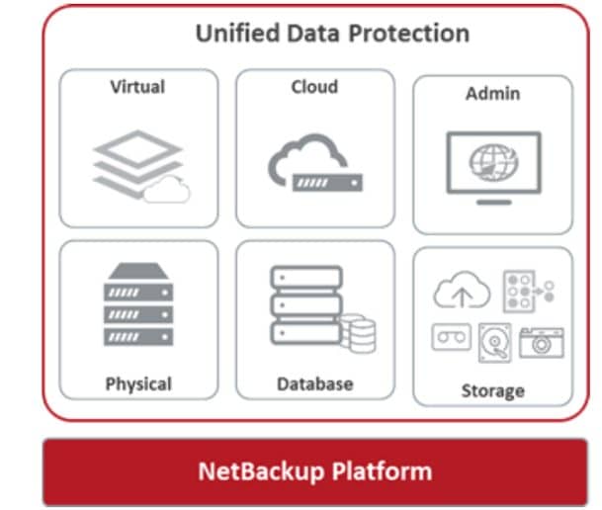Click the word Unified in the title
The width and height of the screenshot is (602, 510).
click(237, 33)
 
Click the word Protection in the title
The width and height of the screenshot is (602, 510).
click(409, 33)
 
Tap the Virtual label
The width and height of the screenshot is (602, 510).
click(137, 87)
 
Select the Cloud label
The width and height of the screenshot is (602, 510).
click(314, 87)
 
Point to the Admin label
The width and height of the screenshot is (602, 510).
click(493, 94)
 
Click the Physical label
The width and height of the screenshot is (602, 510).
click(138, 384)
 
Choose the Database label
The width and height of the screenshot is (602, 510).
click(315, 384)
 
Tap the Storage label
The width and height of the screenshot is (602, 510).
click(493, 391)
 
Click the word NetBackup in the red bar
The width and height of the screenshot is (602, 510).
click(261, 471)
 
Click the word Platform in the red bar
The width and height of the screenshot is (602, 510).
click(382, 471)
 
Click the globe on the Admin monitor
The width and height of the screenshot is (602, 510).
click(493, 162)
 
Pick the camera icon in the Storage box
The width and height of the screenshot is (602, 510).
click(542, 343)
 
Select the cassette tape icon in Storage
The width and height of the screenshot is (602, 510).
click(452, 337)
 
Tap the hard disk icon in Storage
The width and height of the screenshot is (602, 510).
click(495, 343)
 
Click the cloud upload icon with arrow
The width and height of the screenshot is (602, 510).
click(462, 291)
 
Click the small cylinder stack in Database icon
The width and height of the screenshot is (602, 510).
click(360, 333)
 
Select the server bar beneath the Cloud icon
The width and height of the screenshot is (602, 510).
click(327, 183)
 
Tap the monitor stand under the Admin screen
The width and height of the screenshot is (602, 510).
click(493, 203)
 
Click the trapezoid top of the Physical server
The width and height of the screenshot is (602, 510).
click(138, 271)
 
